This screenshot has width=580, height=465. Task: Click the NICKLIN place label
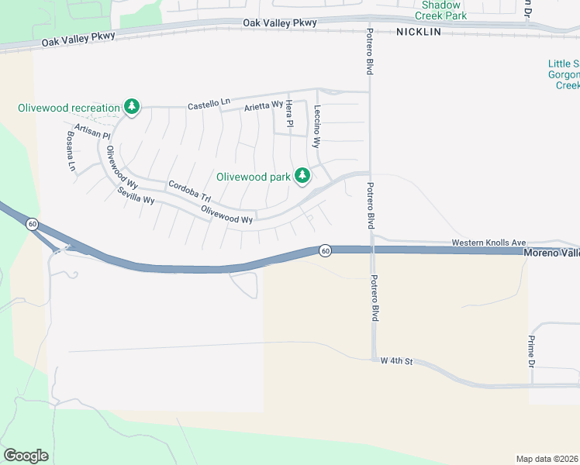pyautogui.click(x=418, y=32)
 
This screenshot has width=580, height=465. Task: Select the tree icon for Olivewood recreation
pyautogui.click(x=132, y=107)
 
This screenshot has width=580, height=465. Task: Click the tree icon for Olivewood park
pyautogui.click(x=302, y=177)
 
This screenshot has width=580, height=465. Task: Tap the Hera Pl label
pyautogui.click(x=289, y=113)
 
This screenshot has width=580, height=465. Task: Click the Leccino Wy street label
pyautogui.click(x=316, y=125)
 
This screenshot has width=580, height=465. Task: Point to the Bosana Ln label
pyautogui.click(x=71, y=154)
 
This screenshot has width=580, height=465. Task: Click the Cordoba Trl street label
pyautogui.click(x=189, y=191)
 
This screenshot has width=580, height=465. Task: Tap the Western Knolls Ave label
pyautogui.click(x=489, y=243)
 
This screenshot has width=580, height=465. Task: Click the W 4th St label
pyautogui.click(x=394, y=361)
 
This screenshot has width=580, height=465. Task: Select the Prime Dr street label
pyautogui.click(x=532, y=351)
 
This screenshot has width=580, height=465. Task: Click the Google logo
pyautogui.click(x=26, y=455)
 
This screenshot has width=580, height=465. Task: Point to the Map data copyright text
pyautogui.click(x=547, y=459)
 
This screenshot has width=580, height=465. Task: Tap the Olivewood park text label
pyautogui.click(x=253, y=177)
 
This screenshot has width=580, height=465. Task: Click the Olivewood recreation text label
pyautogui.click(x=69, y=108)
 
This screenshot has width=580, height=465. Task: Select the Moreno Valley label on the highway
pyautogui.click(x=551, y=253)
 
